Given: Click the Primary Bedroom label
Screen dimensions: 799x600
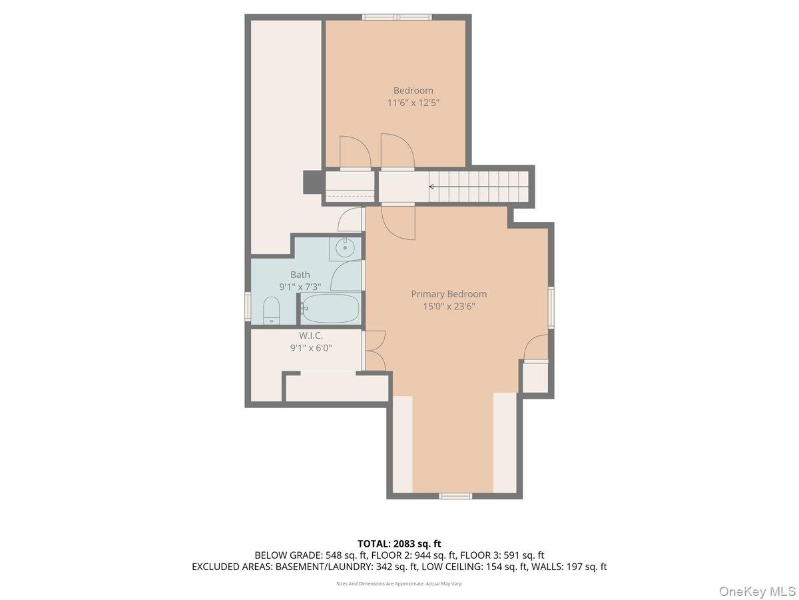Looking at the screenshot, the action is click(x=449, y=293).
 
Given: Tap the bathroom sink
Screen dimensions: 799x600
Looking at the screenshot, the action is click(x=345, y=249).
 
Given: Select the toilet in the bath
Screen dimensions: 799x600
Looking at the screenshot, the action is click(x=271, y=310).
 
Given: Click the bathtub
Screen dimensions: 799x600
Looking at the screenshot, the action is click(x=330, y=308).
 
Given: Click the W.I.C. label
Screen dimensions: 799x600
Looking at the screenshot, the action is click(x=310, y=335).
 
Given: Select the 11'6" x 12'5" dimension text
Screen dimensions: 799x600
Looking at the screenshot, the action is click(x=413, y=103).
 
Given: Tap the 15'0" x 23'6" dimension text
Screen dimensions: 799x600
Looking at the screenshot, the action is click(x=449, y=306).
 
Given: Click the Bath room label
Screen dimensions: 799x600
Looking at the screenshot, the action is click(x=300, y=274).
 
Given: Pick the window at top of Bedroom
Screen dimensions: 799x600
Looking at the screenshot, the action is click(x=397, y=17).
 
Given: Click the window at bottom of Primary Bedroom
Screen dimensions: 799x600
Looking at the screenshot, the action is click(x=455, y=496).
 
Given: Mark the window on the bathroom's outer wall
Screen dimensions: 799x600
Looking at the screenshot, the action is click(x=248, y=307).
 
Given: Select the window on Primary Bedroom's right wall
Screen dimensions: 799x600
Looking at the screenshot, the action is click(x=551, y=307).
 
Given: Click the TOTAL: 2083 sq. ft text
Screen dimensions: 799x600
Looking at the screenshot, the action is click(x=399, y=543).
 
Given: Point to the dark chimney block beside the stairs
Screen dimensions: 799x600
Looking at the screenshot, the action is click(x=313, y=183).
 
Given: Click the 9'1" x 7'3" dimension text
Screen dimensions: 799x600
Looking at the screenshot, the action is click(x=300, y=287).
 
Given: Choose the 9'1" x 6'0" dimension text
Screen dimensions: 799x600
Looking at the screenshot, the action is click(x=311, y=348).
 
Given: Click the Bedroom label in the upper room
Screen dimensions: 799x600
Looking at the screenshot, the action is click(x=413, y=91).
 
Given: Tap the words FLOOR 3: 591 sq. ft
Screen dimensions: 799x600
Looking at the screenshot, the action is click(x=502, y=555).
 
